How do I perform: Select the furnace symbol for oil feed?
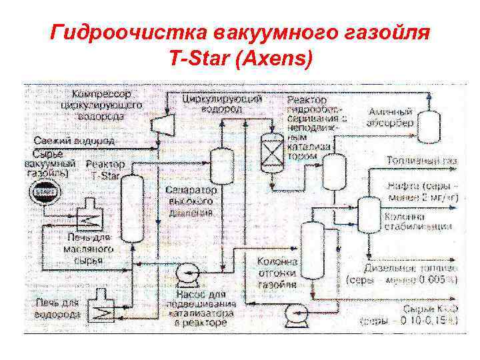pyautogui.click(x=87, y=216)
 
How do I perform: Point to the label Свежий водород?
pyautogui.click(x=74, y=141)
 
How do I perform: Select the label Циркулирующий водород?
pyautogui.click(x=222, y=104)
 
